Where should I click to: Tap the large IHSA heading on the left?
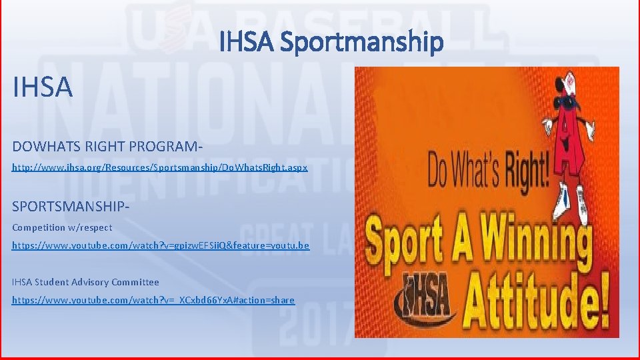click(x=42, y=87)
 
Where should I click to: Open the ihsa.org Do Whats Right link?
click(x=160, y=168)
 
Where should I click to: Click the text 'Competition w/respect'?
click(x=62, y=227)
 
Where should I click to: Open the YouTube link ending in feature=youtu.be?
click(x=161, y=246)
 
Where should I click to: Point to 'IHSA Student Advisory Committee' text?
click(x=85, y=282)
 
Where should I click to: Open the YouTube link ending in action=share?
click(x=153, y=300)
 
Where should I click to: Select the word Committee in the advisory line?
click(x=135, y=282)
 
